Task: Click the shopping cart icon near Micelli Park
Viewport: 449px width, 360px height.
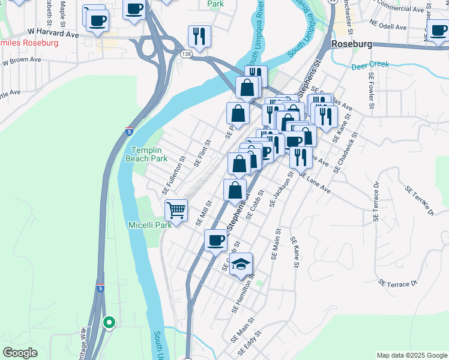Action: pos(176,210)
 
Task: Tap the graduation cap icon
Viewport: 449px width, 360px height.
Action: pos(241,264)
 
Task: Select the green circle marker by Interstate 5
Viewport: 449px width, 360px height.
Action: pos(109,323)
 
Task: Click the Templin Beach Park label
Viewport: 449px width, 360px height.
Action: pos(146,155)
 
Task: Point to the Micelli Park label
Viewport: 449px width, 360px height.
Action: pos(150,225)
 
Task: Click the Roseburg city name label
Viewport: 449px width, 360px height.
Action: pos(352,44)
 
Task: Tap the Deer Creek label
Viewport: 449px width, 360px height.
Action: pos(370,65)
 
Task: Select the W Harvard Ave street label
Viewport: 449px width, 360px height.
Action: pos(53,34)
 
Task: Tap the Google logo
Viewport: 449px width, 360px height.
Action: pos(20,353)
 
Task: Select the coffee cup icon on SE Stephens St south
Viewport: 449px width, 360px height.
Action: pos(215,241)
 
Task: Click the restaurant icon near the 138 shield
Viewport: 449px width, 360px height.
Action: pos(199,37)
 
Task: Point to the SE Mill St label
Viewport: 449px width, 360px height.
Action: pos(204,213)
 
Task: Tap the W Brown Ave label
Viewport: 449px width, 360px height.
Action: pos(22,61)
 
